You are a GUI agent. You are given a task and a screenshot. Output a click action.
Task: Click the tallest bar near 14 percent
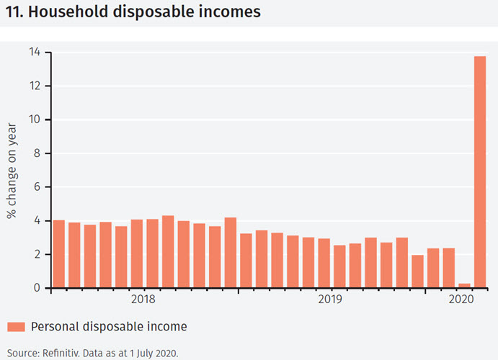click(x=480, y=171)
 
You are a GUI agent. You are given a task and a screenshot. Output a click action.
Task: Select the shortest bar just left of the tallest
click(x=464, y=286)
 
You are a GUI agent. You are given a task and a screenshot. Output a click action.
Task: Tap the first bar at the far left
click(x=59, y=254)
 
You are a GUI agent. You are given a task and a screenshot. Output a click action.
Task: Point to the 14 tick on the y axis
click(x=35, y=53)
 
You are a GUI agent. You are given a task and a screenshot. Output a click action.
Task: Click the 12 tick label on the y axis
click(x=35, y=86)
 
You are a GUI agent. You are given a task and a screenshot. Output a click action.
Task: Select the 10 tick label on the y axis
click(x=35, y=120)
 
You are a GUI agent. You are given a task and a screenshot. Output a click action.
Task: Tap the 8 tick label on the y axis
click(x=37, y=153)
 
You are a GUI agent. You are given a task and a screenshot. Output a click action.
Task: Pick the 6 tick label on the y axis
click(x=37, y=187)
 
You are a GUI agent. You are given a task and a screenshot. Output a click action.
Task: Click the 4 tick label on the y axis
click(x=37, y=221)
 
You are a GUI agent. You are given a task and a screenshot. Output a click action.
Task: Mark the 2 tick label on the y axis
click(x=37, y=254)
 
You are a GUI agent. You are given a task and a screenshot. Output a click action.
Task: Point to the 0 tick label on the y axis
click(x=37, y=288)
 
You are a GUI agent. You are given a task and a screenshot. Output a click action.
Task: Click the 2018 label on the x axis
click(x=144, y=299)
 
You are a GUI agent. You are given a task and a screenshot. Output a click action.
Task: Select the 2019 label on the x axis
click(x=330, y=299)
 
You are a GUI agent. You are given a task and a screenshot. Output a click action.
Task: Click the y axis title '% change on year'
click(x=12, y=171)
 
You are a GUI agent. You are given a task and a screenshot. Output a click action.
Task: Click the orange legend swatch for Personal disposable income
click(x=17, y=327)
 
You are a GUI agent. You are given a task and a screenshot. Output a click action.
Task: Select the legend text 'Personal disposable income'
click(x=109, y=327)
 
